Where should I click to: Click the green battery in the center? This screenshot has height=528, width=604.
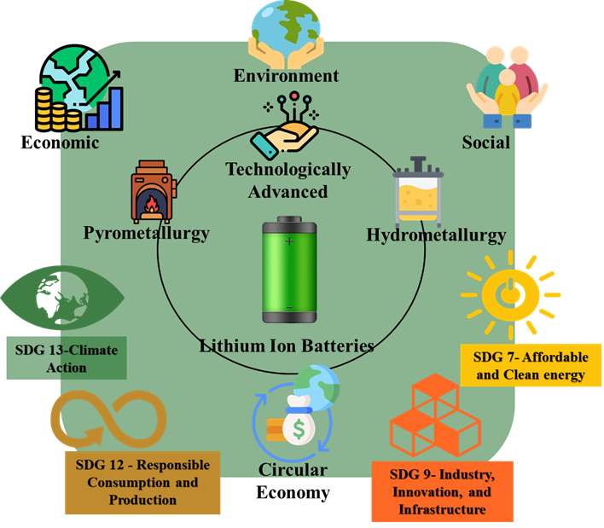pos(289,271)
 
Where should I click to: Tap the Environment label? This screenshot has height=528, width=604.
pos(286,76)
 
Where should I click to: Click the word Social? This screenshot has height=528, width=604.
pos(485,142)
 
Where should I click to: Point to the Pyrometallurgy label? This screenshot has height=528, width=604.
pos(146,233)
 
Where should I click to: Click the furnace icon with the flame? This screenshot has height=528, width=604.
pos(151,193)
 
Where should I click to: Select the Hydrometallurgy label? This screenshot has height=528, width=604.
pos(435,235)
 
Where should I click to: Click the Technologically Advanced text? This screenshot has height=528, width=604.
pos(287,179)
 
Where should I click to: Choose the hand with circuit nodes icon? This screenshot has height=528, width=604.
pos(285,126)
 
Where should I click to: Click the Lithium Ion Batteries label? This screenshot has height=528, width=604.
pos(287,346)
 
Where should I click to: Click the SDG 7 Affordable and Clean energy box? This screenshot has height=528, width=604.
pos(531,366)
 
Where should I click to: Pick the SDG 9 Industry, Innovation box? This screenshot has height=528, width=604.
pos(442,490)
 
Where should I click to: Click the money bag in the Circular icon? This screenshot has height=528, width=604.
pos(299,424)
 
